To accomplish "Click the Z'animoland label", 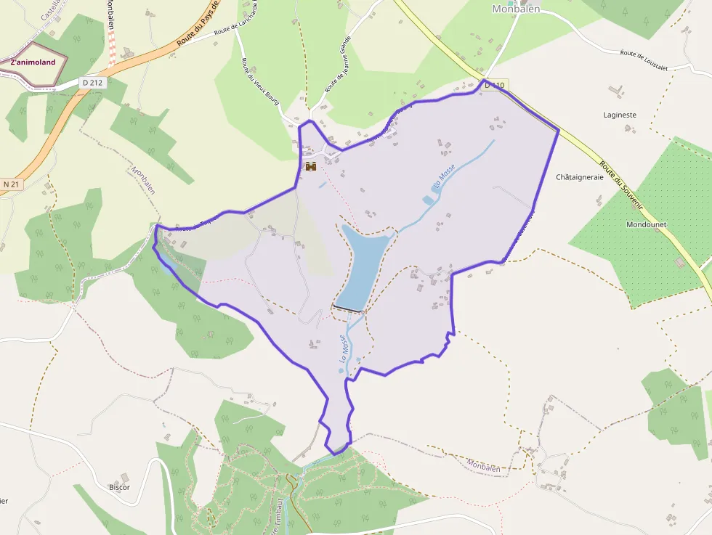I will [x=33, y=62].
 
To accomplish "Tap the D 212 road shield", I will [x=93, y=83].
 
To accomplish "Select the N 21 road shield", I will [x=12, y=184].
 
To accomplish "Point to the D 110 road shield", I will [x=495, y=86].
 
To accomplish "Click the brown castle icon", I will [x=311, y=166].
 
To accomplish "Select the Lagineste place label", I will [x=620, y=115].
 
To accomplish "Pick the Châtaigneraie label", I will [x=579, y=177].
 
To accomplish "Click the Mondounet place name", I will [x=646, y=224].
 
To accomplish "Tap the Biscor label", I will [x=119, y=487].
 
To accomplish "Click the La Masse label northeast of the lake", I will [x=445, y=177].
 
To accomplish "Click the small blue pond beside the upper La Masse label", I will [x=428, y=200].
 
